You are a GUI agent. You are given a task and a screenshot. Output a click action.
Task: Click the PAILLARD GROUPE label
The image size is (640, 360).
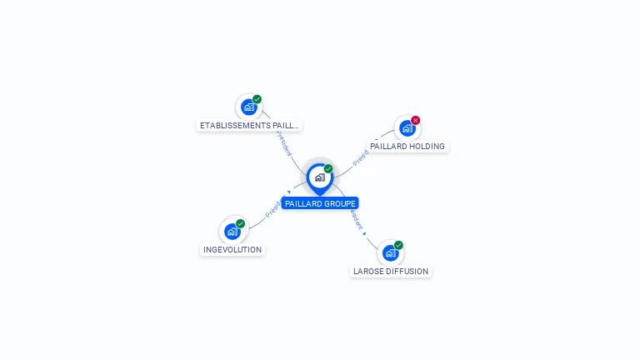320,203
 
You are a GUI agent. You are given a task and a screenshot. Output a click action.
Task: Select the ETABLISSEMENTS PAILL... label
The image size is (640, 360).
248,126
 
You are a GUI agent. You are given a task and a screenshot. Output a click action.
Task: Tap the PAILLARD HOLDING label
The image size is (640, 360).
407,147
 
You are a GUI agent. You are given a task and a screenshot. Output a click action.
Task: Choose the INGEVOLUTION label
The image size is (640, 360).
232,250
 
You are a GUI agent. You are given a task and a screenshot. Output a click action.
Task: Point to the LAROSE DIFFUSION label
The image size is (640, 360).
391,272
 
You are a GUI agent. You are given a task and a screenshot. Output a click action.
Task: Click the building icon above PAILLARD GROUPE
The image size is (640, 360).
319,177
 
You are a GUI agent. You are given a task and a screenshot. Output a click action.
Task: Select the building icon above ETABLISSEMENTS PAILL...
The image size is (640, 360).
248,107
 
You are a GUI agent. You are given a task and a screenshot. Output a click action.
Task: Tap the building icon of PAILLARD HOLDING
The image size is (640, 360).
407,127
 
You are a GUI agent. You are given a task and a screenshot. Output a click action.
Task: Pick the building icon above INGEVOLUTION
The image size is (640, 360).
232,231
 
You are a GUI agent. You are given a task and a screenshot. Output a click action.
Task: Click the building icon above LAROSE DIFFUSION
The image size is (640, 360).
390,252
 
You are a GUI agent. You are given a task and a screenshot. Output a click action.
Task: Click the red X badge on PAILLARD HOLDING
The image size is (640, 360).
415,120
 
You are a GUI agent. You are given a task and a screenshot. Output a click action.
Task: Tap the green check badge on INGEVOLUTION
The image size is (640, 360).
240,223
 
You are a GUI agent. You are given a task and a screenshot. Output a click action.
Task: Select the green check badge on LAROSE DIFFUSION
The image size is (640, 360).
398,245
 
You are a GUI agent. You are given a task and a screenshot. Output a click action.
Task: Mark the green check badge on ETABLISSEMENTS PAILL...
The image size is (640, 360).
257,99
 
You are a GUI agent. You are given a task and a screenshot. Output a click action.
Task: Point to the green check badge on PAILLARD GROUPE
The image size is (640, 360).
328,168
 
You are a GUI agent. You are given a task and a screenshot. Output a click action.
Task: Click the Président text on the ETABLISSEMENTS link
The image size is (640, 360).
284,142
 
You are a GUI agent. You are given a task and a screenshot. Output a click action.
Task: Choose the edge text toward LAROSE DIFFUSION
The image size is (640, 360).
356,219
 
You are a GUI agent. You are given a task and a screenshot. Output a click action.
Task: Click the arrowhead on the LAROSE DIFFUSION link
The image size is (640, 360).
365,233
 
